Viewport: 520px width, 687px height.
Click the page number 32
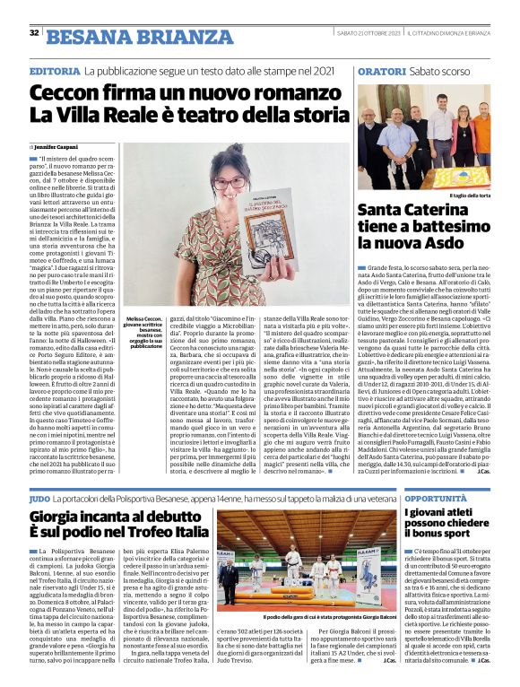pos(33,34)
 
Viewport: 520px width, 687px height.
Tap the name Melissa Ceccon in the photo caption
pos(146,318)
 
